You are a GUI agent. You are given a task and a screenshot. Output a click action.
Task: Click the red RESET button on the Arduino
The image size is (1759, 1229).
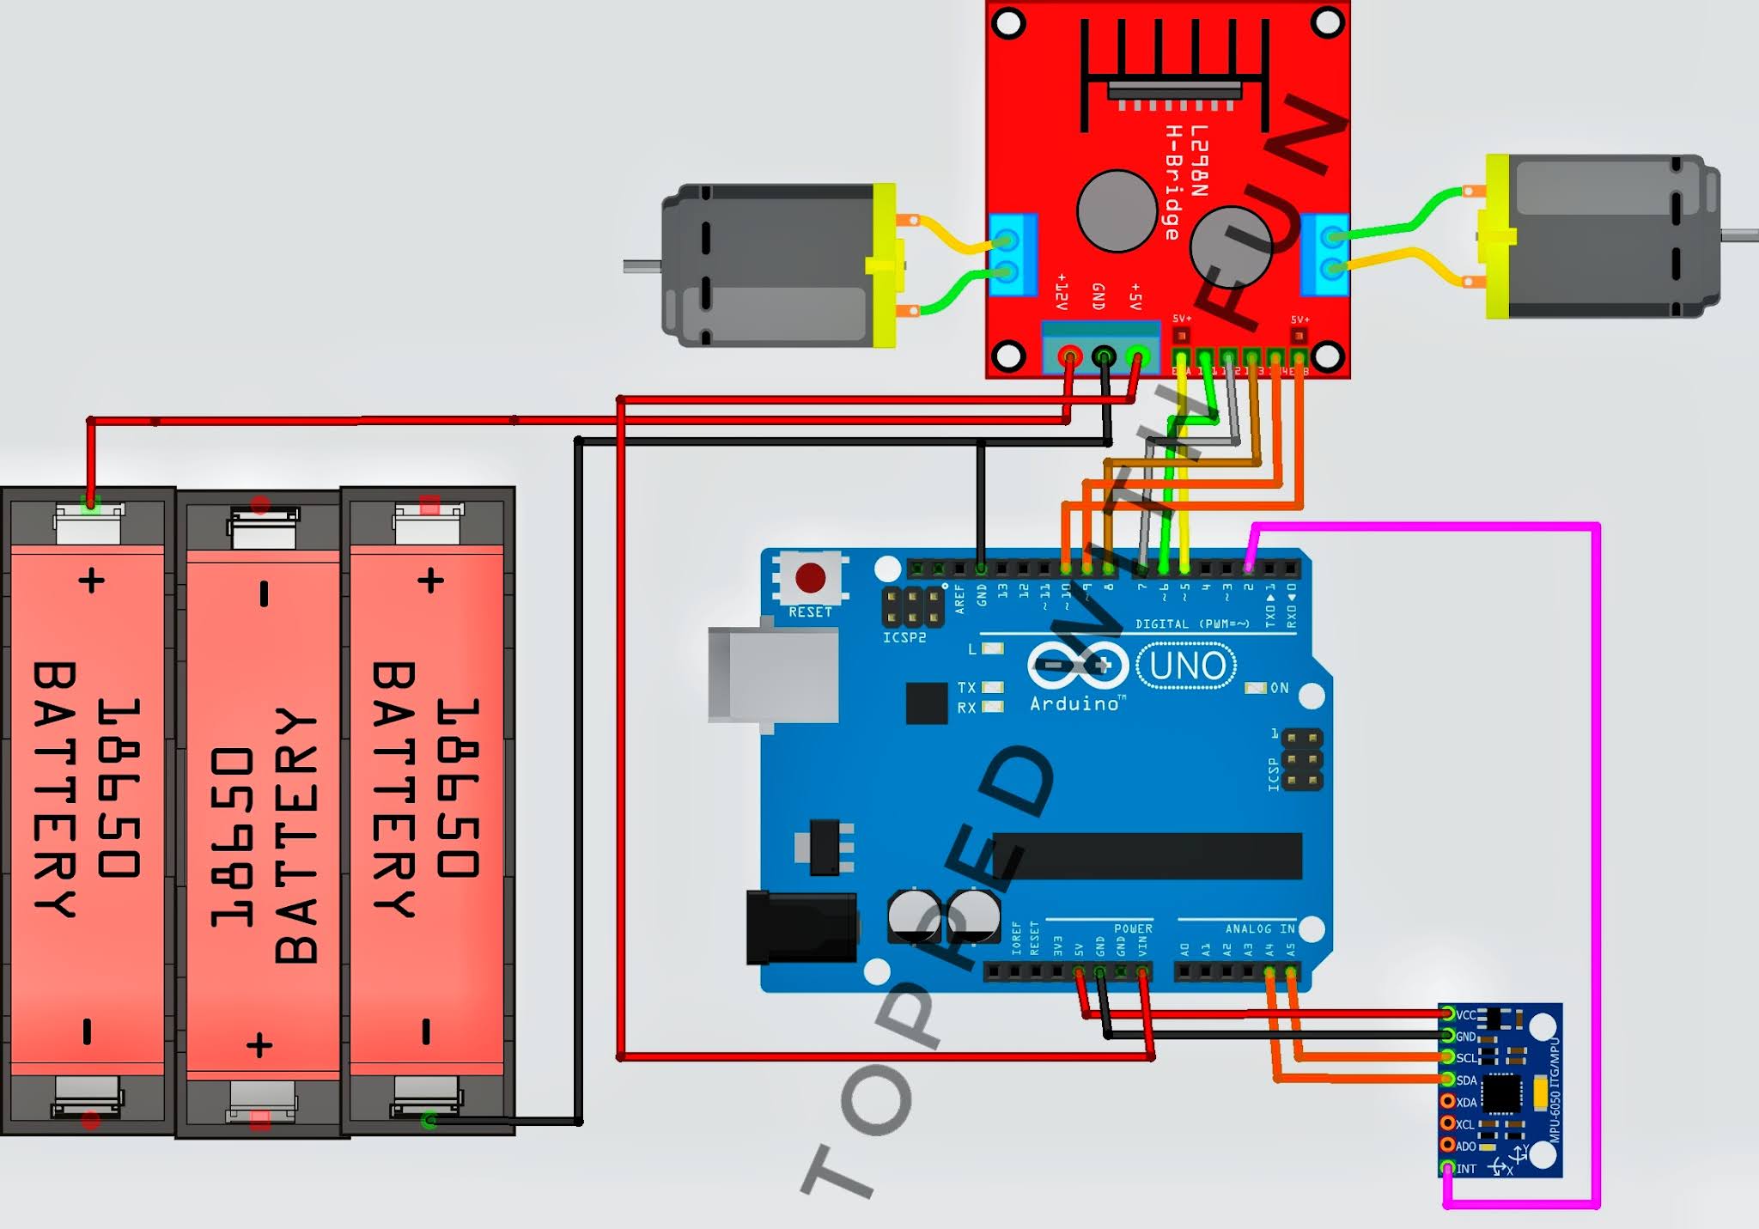(810, 578)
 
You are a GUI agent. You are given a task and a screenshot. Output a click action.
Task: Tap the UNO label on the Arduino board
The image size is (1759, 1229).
(1187, 666)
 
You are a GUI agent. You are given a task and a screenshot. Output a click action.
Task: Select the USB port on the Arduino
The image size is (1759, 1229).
(773, 675)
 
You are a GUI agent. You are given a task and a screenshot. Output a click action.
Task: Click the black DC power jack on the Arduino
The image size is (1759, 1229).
(800, 928)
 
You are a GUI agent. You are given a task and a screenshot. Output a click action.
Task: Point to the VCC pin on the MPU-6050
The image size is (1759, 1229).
(1448, 1014)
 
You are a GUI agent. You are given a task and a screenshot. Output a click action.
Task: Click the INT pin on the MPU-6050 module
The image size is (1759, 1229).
(1448, 1168)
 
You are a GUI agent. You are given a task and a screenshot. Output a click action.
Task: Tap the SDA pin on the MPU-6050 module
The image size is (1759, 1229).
(1448, 1080)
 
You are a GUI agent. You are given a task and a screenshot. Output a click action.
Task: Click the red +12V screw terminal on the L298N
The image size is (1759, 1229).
(1069, 355)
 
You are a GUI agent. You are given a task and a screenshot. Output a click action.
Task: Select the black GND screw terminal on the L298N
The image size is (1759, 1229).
(1104, 355)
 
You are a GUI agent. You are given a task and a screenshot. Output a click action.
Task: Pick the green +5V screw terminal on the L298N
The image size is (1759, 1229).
(1138, 355)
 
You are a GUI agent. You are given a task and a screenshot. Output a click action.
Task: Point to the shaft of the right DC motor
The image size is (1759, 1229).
(1740, 234)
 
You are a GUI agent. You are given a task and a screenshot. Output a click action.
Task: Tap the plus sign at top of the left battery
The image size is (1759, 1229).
(92, 581)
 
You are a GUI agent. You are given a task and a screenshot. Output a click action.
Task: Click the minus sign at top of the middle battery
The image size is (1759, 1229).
(264, 593)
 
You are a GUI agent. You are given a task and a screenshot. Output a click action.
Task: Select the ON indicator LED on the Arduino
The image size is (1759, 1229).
(1256, 688)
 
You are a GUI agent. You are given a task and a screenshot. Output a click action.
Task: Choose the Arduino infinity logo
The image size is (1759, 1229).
(1078, 666)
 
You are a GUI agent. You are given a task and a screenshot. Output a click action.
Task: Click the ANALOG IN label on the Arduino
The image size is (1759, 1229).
(1259, 928)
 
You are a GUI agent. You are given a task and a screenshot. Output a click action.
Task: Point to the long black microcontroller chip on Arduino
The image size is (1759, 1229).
(1147, 855)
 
